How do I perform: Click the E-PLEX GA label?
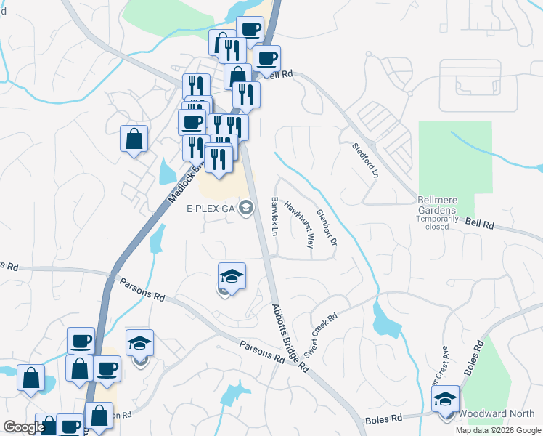pyautogui.click(x=211, y=209)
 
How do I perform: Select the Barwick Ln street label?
pyautogui.click(x=275, y=216)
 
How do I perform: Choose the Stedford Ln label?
pyautogui.click(x=366, y=159)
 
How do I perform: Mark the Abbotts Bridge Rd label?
pyautogui.click(x=291, y=337)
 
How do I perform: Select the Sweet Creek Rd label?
pyautogui.click(x=321, y=335)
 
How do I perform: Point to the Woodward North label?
pyautogui.click(x=502, y=414)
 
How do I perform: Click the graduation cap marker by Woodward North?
pyautogui.click(x=445, y=399)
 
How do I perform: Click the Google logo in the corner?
pyautogui.click(x=24, y=427)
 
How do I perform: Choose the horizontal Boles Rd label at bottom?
pyautogui.click(x=387, y=419)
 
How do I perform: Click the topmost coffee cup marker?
pyautogui.click(x=250, y=30)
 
